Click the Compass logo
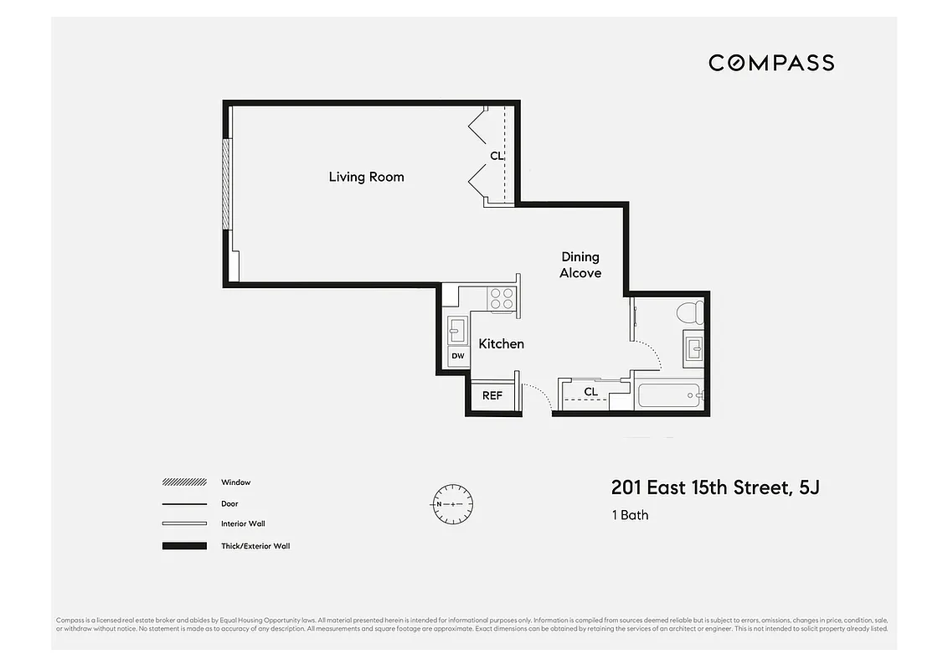point(770,63)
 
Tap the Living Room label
point(366,177)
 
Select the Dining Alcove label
point(580,265)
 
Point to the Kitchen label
point(501,343)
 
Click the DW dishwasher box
point(458,356)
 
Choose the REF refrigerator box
point(492,395)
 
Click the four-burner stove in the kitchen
point(502,298)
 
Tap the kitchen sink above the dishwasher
point(458,329)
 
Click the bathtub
point(668,394)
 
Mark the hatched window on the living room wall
point(225,183)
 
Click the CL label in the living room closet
point(497,156)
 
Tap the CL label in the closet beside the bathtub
point(591,392)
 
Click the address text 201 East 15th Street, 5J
point(714,487)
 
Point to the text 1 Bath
point(630,515)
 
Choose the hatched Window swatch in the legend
point(184,482)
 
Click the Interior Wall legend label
point(243,524)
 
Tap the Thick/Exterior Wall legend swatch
point(184,546)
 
